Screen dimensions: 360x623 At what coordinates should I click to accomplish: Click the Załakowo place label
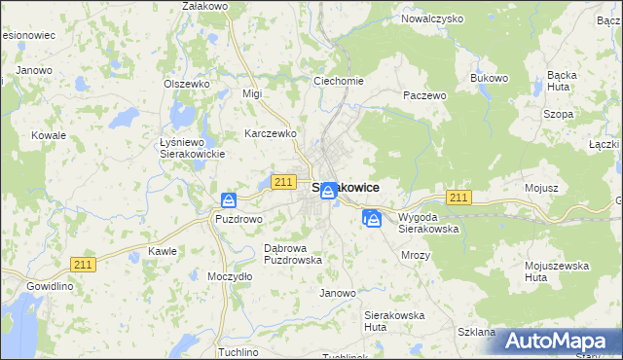pyautogui.click(x=204, y=6)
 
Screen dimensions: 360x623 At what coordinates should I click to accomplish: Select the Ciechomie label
pyautogui.click(x=338, y=81)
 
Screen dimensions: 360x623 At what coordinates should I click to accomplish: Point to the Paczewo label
pyautogui.click(x=424, y=95)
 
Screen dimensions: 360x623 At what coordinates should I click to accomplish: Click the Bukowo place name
pyautogui.click(x=490, y=78)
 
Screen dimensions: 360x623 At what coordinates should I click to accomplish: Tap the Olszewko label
pyautogui.click(x=187, y=84)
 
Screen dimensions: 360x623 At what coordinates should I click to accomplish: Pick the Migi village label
pyautogui.click(x=253, y=93)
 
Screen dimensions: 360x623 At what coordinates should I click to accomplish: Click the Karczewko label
pyautogui.click(x=271, y=133)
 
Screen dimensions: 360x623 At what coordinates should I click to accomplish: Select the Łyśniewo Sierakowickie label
pyautogui.click(x=192, y=148)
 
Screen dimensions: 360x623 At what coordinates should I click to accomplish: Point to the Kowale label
pyautogui.click(x=48, y=135)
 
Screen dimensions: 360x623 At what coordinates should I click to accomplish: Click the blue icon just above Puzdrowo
pyautogui.click(x=229, y=200)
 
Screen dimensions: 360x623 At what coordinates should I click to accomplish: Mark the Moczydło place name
pyautogui.click(x=231, y=276)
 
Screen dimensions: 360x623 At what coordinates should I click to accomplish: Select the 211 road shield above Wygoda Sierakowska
pyautogui.click(x=459, y=198)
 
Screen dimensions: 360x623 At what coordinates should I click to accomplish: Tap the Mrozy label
pyautogui.click(x=416, y=255)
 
